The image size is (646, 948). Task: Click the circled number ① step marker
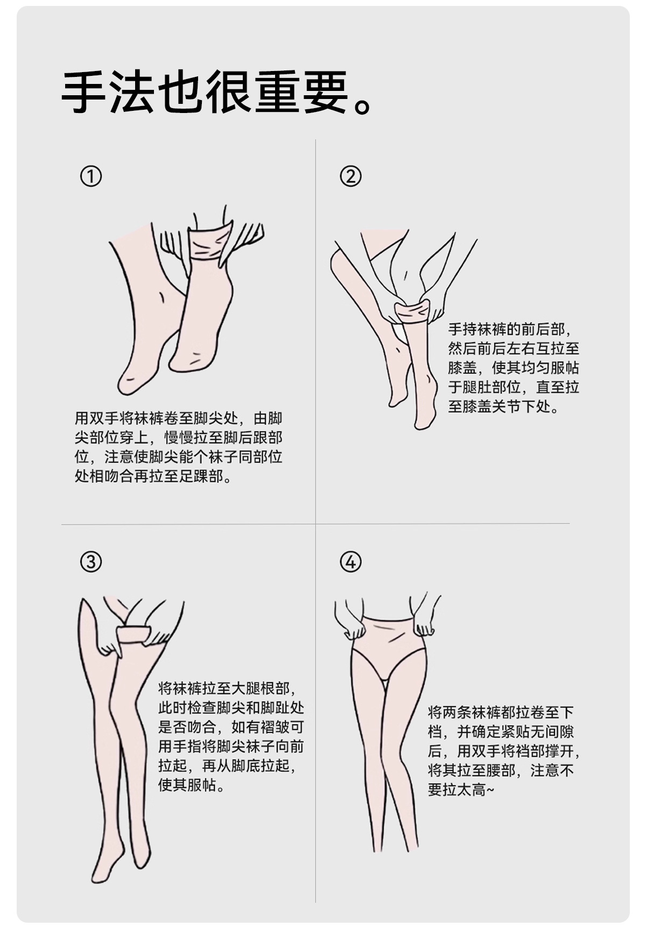[91, 176]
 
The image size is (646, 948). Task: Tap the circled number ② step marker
[350, 176]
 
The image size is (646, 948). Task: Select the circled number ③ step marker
[91, 562]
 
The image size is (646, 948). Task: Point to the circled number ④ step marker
[350, 562]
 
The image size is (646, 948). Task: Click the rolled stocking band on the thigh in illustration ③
[134, 635]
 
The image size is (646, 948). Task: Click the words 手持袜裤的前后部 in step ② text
[507, 329]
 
